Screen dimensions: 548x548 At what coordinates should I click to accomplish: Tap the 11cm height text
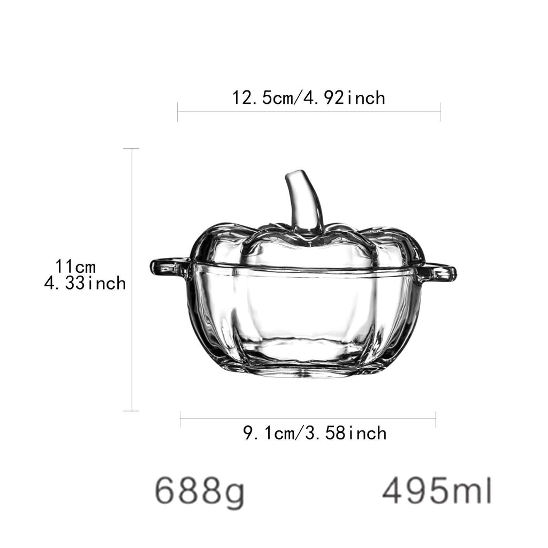point(75,267)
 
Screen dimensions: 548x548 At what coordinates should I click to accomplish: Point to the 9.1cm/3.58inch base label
point(315,433)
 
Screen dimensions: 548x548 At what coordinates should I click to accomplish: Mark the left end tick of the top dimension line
point(178,112)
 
